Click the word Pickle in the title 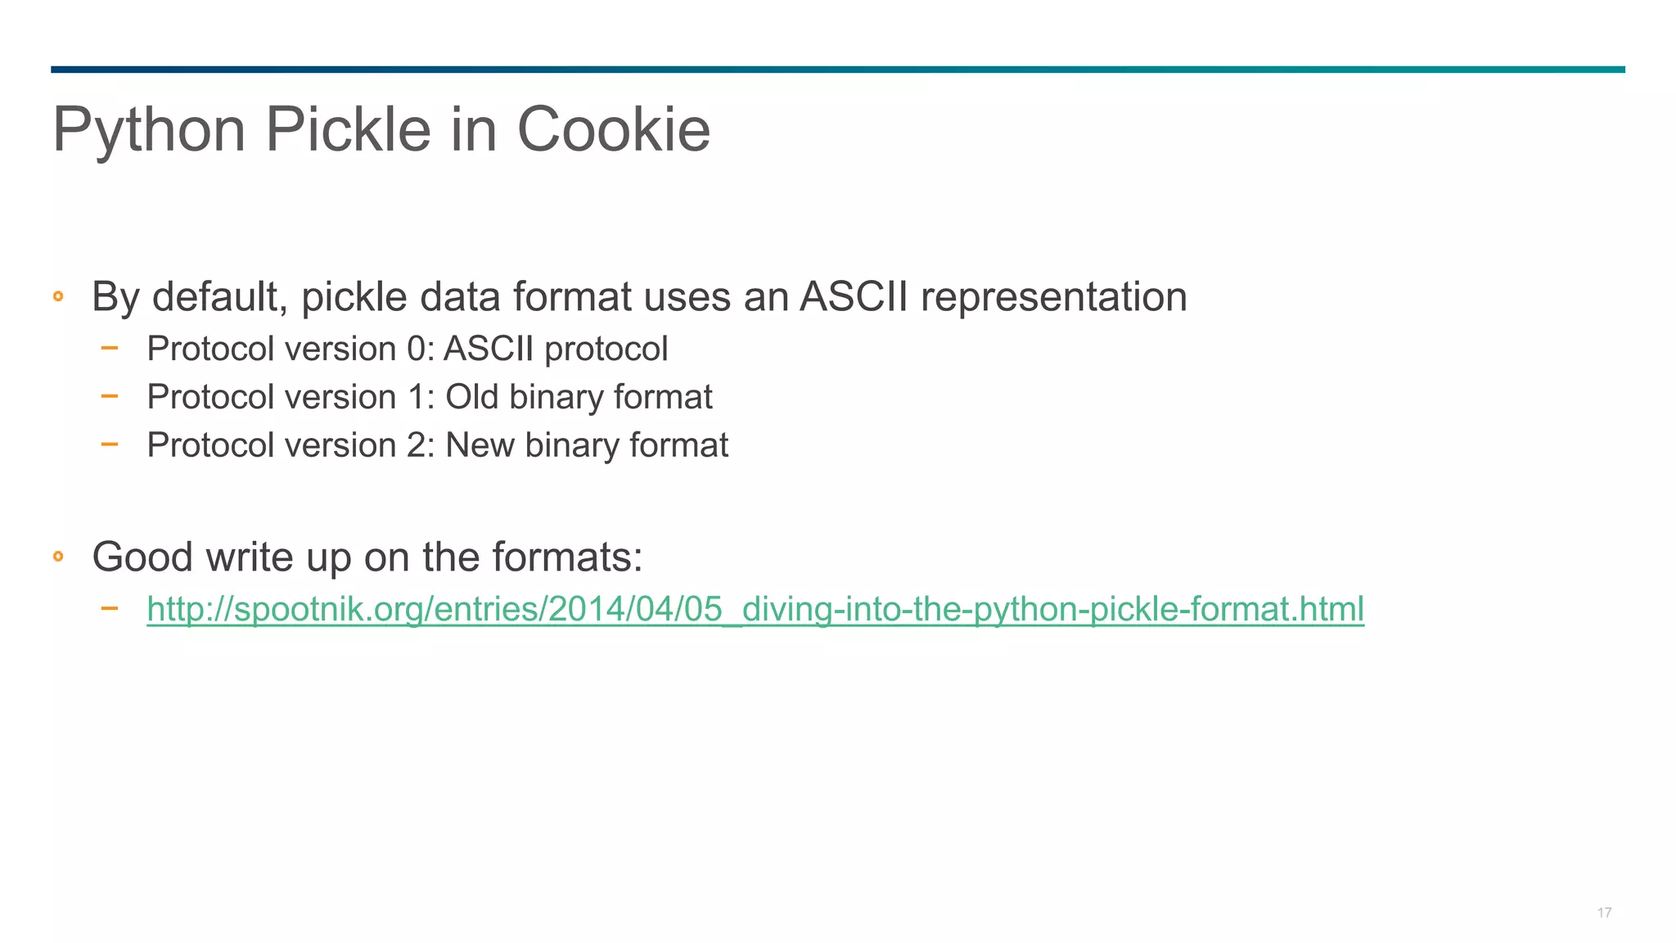click(348, 129)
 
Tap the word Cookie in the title click(613, 129)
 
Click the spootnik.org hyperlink click(755, 609)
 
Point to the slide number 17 click(1604, 913)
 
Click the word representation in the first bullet click(1053, 296)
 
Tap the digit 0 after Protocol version click(416, 350)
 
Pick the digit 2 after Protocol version click(416, 446)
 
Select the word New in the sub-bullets click(479, 446)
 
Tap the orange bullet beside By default click(58, 296)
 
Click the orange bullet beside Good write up click(58, 557)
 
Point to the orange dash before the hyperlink click(109, 608)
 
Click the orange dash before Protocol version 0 click(109, 348)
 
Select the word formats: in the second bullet click(567, 557)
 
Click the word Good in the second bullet click(142, 557)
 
